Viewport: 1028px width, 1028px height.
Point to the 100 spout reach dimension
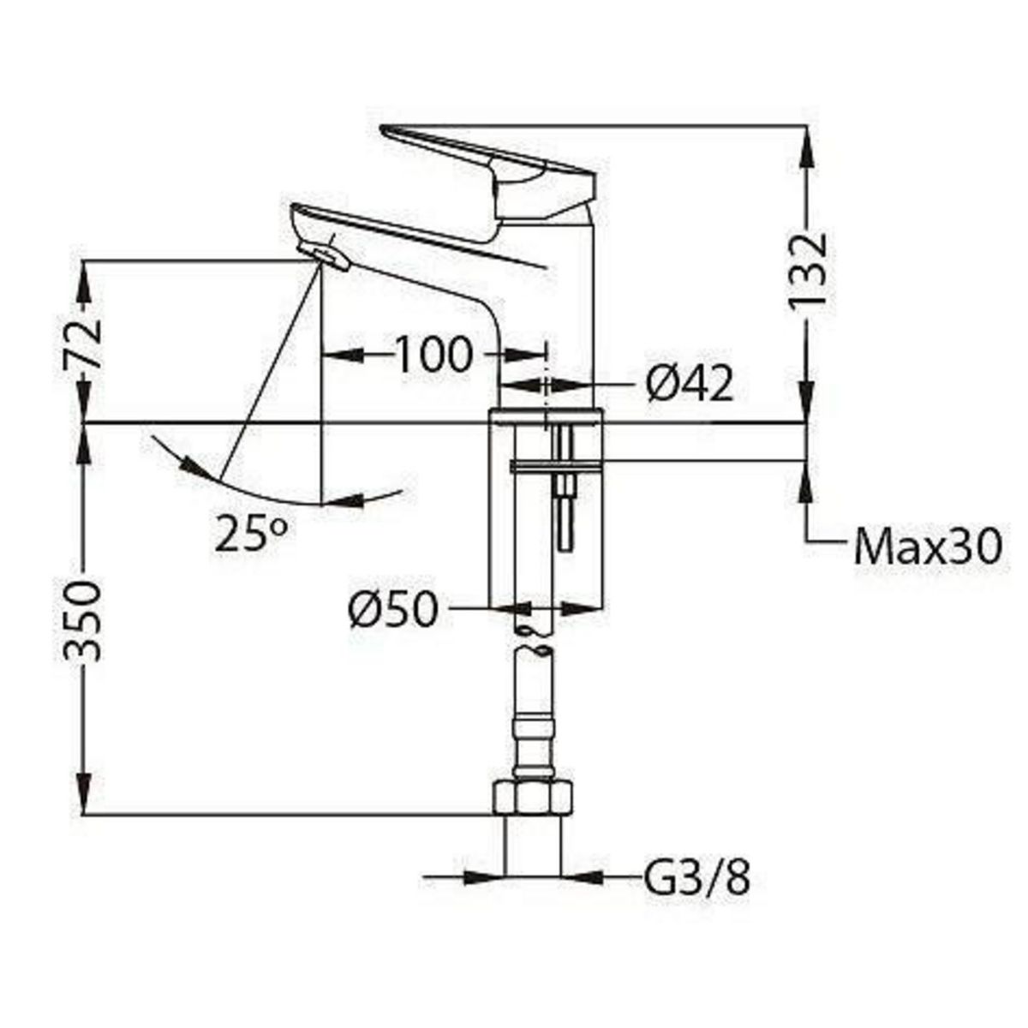[433, 354]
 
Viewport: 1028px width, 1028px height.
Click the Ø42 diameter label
[690, 385]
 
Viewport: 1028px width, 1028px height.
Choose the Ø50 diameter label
[393, 610]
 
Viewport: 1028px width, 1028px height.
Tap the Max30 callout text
[927, 546]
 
